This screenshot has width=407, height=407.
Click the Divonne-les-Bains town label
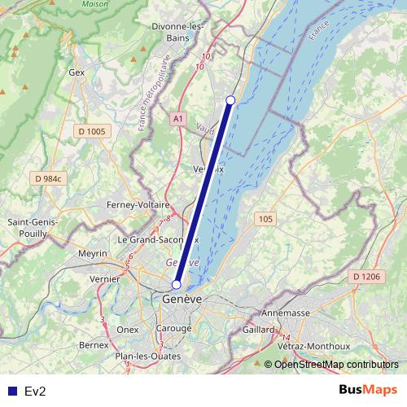177,32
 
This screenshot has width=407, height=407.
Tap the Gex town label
77,72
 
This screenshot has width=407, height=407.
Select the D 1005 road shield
90,131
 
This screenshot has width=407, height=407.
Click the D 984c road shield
49,178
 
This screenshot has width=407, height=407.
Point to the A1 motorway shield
177,119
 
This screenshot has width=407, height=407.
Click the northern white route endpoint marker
230,99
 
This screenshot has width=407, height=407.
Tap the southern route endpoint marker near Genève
176,285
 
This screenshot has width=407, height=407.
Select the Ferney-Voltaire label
138,205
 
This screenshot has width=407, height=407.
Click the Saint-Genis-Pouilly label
32,227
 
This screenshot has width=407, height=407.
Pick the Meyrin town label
93,254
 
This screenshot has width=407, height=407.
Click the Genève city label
182,300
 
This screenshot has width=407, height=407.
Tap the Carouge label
175,329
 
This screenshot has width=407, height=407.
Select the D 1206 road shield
365,278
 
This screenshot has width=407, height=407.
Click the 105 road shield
265,219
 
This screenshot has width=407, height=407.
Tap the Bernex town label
94,345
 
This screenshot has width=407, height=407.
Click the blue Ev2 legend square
12,391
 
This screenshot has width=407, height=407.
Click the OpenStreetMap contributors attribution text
336,365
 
